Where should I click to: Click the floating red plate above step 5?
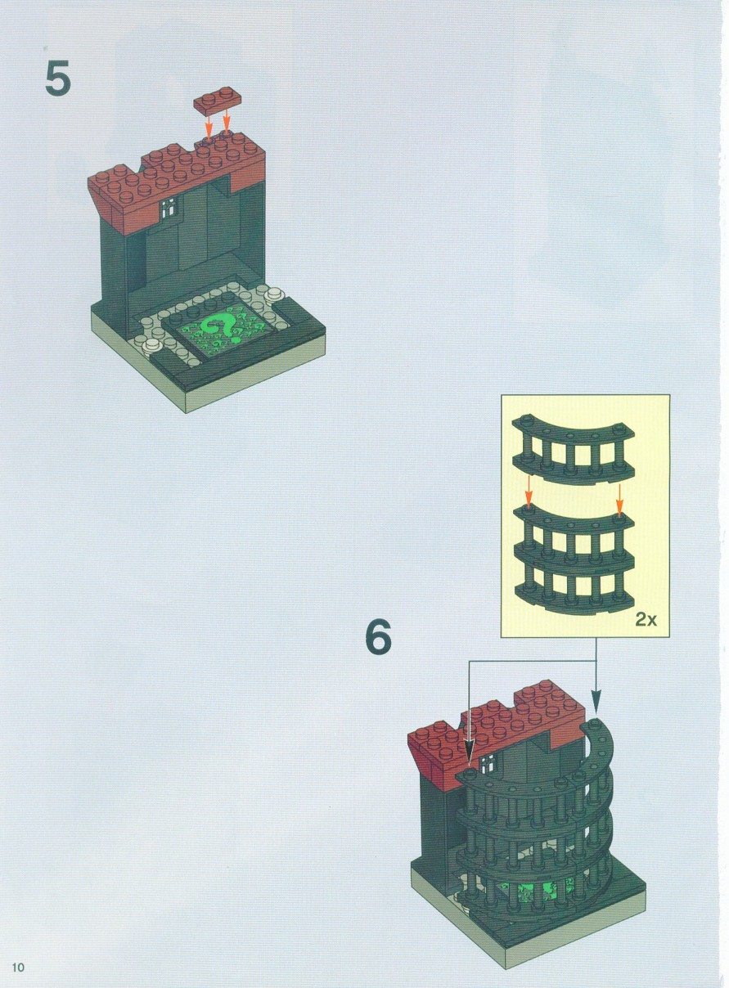[218, 100]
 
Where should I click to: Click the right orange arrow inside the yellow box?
[619, 501]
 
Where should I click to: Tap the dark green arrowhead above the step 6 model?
[596, 703]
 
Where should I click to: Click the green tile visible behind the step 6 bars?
[536, 861]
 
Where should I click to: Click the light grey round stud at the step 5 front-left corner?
[153, 344]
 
